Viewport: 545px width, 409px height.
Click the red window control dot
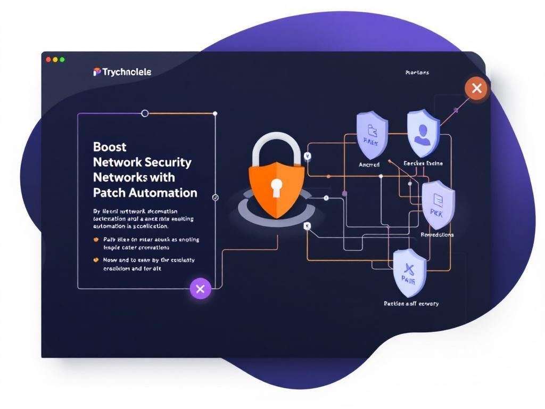(48, 60)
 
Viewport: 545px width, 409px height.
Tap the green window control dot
(62, 60)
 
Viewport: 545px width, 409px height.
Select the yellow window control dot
(55, 60)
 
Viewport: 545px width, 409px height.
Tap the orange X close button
(476, 88)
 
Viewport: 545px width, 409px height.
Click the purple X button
(200, 289)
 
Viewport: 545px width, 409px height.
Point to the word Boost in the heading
(110, 146)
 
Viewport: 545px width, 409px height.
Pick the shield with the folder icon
(372, 134)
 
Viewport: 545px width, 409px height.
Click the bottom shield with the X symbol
(409, 272)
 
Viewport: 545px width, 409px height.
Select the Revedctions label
(437, 234)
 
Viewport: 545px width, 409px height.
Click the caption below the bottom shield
(411, 304)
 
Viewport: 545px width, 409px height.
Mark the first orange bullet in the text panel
(96, 240)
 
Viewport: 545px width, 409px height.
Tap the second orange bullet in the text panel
(96, 260)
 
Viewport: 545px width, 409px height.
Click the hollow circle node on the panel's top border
(144, 113)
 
